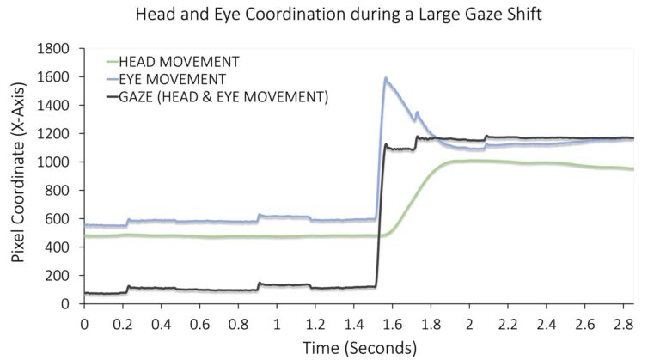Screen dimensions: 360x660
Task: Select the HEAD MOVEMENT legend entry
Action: [x=179, y=62]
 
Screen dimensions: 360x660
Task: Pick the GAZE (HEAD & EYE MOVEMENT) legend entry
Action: [x=223, y=97]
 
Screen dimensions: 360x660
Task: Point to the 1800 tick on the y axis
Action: [x=58, y=50]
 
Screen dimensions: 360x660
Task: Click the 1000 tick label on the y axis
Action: [x=58, y=162]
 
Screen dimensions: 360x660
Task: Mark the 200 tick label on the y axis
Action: [x=61, y=276]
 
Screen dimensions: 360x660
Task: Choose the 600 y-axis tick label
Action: [x=61, y=219]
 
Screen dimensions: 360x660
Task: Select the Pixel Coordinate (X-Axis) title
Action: [x=19, y=177]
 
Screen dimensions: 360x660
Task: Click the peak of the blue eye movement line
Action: [x=386, y=78]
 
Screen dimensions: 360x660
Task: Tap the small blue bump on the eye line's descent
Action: [x=417, y=112]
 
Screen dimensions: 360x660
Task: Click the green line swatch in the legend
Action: [x=111, y=62]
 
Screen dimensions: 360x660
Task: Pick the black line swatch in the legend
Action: [x=111, y=97]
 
